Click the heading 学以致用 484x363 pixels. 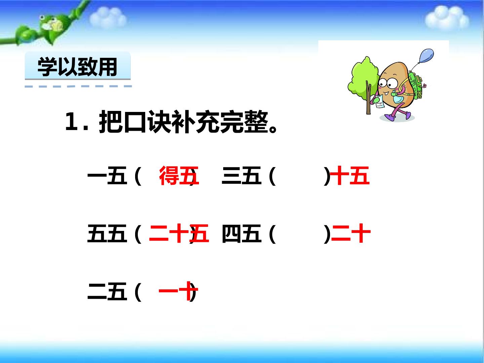point(77,67)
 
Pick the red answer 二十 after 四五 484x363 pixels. point(351,234)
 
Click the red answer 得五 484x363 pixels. point(179,176)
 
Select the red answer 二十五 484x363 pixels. point(179,234)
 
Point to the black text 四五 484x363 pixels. point(241,234)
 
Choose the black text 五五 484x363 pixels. point(107,234)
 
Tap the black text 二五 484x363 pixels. point(107,291)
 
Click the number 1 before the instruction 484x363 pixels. point(72,123)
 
